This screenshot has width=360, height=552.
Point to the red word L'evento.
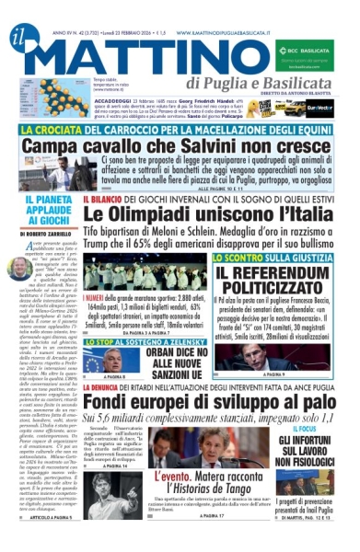click(179, 478)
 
